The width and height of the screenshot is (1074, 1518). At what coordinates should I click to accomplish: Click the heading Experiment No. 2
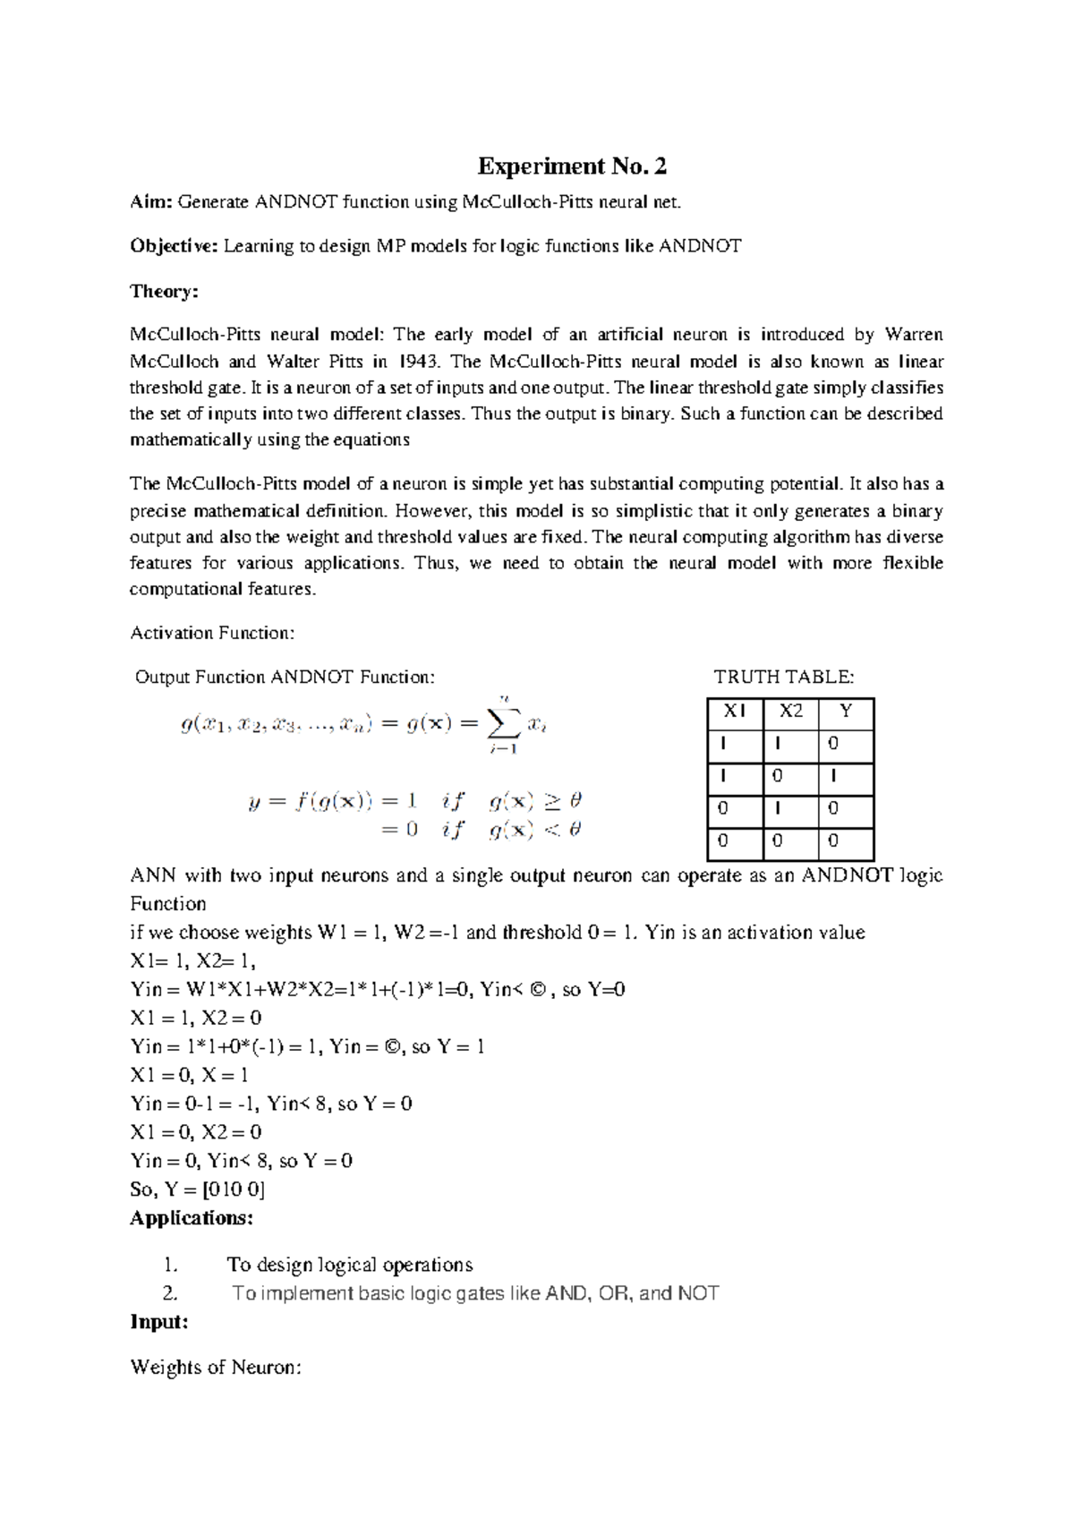[572, 166]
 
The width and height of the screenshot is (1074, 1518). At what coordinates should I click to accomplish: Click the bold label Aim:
[151, 202]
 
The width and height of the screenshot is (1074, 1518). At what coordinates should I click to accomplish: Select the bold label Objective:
[174, 246]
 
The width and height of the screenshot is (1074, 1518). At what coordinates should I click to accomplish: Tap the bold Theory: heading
[164, 291]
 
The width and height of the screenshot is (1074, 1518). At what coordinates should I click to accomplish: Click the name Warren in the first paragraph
[913, 335]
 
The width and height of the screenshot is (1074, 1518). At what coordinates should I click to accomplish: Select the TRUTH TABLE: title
[783, 677]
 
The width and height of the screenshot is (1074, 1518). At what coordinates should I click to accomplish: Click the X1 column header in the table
[735, 712]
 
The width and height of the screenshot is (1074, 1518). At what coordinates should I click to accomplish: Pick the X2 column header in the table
[791, 712]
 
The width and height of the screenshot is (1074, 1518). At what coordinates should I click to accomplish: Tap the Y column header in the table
[846, 712]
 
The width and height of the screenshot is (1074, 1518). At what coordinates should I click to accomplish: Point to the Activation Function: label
[212, 633]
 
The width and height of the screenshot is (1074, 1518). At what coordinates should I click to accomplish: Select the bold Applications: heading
[192, 1218]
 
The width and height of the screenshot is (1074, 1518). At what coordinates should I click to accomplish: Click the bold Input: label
[159, 1322]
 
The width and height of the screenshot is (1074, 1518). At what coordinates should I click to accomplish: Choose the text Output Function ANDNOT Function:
[285, 677]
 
